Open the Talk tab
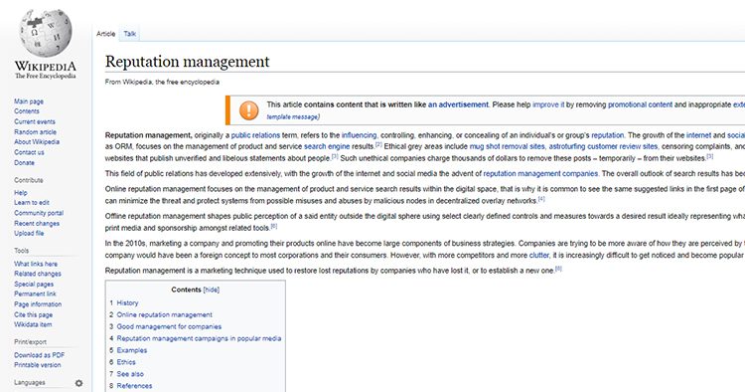click(130, 33)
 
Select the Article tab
click(105, 33)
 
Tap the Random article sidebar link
click(35, 131)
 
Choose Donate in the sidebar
click(25, 161)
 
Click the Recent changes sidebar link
click(37, 223)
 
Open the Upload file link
click(30, 233)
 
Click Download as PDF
click(39, 353)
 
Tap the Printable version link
click(38, 363)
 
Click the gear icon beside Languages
click(79, 382)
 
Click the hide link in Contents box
click(211, 289)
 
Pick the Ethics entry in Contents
click(127, 362)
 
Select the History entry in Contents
click(128, 302)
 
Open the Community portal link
click(39, 213)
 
